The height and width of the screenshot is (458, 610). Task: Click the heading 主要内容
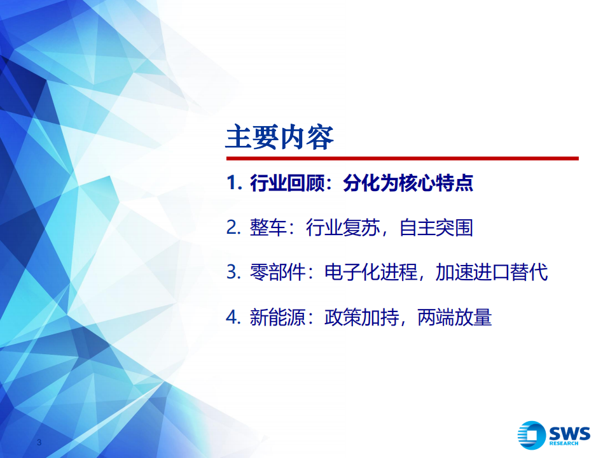click(x=280, y=136)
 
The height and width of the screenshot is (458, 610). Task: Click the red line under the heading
click(x=402, y=158)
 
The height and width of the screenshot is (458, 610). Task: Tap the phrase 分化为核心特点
click(x=408, y=184)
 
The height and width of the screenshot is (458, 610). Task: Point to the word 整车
click(x=268, y=228)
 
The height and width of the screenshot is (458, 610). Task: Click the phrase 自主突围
click(x=436, y=228)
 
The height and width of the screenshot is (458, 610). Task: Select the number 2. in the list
click(x=233, y=228)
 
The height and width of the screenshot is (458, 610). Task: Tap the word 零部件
click(x=277, y=272)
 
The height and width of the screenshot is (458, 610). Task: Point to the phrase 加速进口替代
click(x=492, y=272)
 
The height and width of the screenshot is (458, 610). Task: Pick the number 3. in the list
click(x=233, y=272)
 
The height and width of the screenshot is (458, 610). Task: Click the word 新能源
click(x=277, y=317)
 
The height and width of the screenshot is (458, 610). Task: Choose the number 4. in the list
click(x=233, y=317)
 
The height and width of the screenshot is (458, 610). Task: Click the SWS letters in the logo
click(x=569, y=433)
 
